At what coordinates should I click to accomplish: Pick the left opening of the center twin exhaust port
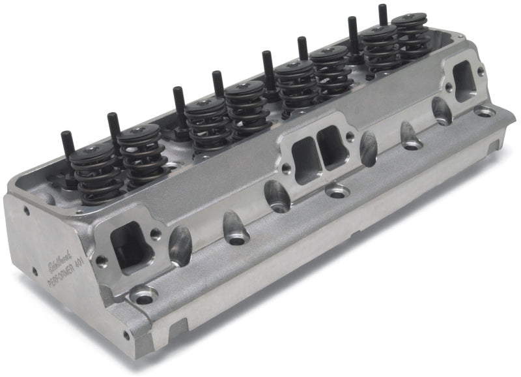click(x=303, y=156)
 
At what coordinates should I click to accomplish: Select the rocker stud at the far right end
click(x=382, y=14)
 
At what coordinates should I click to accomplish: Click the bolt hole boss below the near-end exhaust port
click(x=143, y=294)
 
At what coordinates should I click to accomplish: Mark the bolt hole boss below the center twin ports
click(x=337, y=192)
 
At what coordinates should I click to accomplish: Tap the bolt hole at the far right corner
click(x=484, y=112)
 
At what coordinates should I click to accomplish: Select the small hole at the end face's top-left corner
click(x=27, y=211)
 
